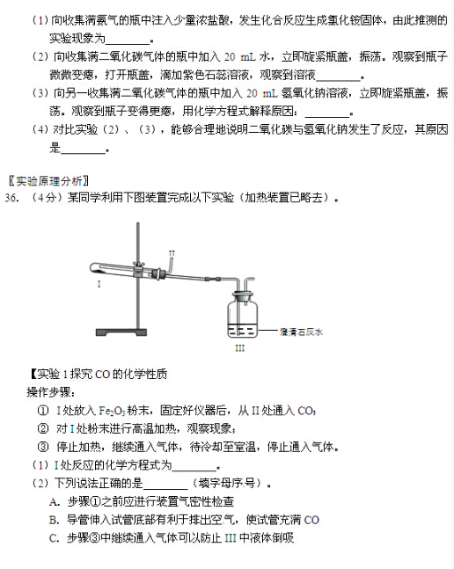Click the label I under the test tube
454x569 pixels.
(x=99, y=285)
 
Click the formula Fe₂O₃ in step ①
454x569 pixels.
(x=117, y=411)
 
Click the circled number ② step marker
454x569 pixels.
(x=43, y=429)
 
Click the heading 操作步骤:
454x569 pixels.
(x=52, y=392)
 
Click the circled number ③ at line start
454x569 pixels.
(x=43, y=447)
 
